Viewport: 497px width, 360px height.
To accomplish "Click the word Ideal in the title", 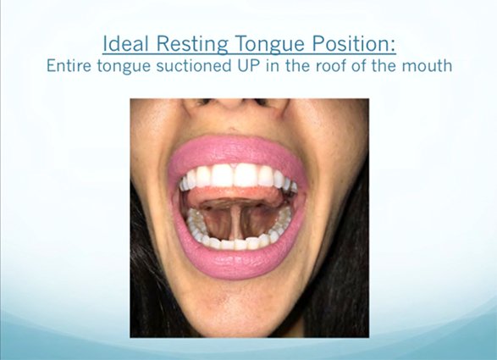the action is point(126,43).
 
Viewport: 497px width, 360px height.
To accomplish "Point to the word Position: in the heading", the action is point(354,43).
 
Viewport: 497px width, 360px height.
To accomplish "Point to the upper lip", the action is point(236,150).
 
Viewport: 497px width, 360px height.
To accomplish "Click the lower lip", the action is point(236,260).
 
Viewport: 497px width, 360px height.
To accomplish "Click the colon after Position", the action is point(394,47).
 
